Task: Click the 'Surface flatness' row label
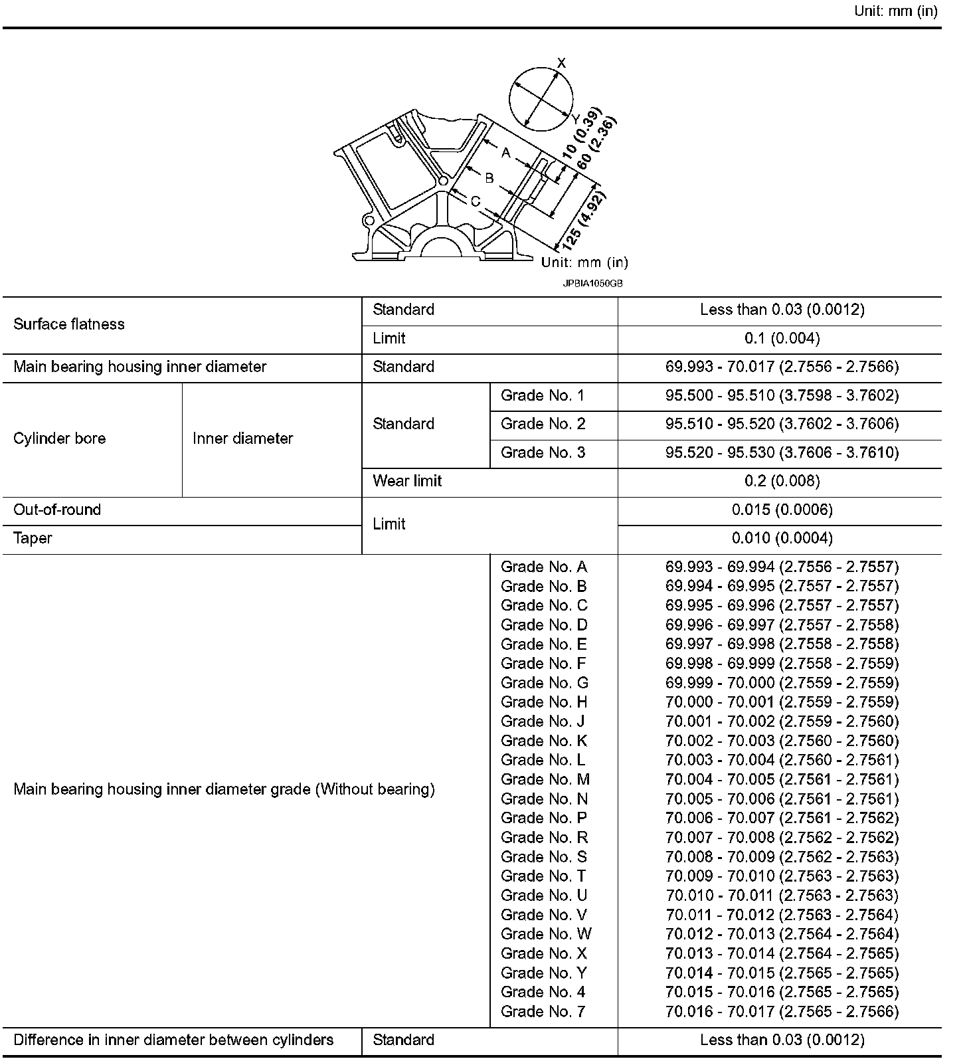(x=69, y=324)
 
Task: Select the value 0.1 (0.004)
(x=782, y=338)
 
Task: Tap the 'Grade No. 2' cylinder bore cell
(x=543, y=424)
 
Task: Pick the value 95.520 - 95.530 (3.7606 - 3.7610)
(x=782, y=452)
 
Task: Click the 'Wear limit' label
(x=407, y=481)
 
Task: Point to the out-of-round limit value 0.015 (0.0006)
(x=782, y=510)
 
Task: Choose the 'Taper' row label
(x=33, y=538)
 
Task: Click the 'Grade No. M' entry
(x=545, y=779)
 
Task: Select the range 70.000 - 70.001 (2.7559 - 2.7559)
(x=782, y=702)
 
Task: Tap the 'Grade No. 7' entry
(x=543, y=1011)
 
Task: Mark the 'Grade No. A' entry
(x=543, y=567)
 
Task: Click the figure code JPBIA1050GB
(x=592, y=283)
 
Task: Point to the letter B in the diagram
(x=489, y=177)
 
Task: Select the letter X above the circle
(x=561, y=63)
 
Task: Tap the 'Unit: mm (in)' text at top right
(x=896, y=11)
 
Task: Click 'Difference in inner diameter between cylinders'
(x=173, y=1040)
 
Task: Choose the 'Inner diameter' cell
(x=242, y=438)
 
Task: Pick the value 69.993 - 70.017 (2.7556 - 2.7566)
(x=782, y=367)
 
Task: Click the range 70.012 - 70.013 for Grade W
(x=782, y=934)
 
